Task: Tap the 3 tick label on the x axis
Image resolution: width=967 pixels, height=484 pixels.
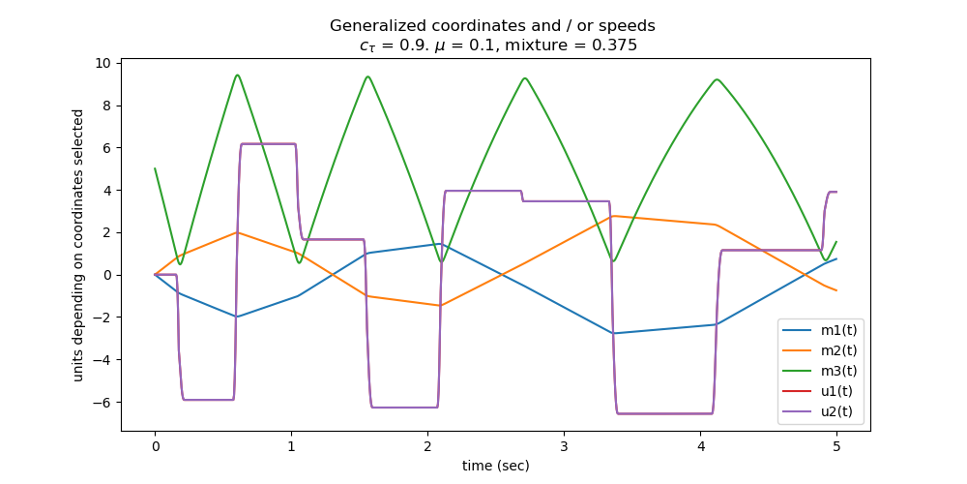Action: point(564,446)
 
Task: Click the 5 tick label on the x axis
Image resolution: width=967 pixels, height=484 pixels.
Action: point(836,446)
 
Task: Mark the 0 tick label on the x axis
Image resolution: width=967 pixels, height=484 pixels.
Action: point(155,446)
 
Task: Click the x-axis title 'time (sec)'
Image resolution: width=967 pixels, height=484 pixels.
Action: point(495,466)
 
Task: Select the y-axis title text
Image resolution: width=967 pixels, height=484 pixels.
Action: point(77,244)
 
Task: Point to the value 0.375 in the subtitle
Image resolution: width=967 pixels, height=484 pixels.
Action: point(615,45)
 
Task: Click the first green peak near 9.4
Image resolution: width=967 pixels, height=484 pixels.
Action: point(237,76)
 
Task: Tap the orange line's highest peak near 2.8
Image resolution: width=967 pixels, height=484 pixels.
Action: point(612,216)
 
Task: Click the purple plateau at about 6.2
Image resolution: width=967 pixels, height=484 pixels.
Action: point(268,144)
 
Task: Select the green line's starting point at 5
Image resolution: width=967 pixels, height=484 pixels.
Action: point(155,168)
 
